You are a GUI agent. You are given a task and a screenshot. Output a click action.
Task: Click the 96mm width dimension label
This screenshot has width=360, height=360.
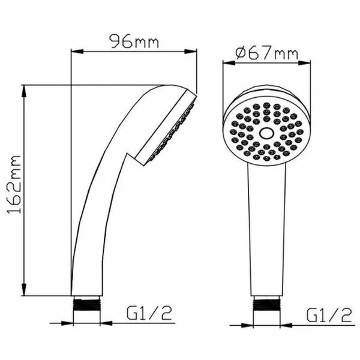click(134, 41)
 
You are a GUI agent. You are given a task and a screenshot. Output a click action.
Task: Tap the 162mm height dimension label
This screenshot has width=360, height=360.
click(14, 185)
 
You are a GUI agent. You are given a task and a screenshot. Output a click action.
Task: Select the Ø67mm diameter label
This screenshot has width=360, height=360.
click(267, 53)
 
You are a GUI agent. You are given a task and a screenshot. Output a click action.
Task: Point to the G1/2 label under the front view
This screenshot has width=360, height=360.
click(329, 314)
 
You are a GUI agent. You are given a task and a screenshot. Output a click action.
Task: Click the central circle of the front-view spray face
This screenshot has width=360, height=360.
click(266, 133)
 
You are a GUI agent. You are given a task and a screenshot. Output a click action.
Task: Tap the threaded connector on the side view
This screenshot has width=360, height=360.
click(87, 305)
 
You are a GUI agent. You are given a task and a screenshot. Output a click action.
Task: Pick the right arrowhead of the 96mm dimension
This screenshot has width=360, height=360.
click(191, 52)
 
